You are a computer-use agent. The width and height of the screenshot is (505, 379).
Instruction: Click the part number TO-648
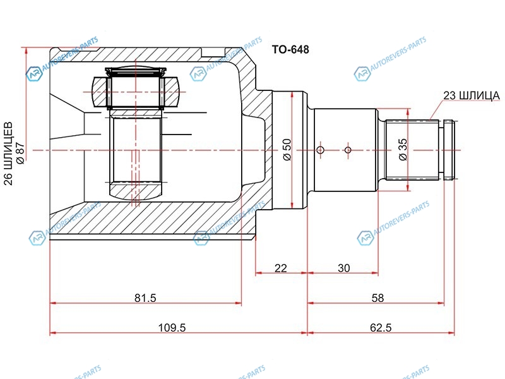290,49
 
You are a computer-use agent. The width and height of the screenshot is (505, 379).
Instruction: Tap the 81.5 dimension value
145,298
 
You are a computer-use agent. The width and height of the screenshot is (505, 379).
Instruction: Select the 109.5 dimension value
172,328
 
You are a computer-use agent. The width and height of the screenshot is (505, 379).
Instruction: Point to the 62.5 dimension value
381,328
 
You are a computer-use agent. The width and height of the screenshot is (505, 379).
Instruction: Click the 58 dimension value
377,298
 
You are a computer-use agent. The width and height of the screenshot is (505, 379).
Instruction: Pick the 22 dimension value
280,268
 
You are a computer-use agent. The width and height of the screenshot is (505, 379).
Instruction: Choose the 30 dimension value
343,268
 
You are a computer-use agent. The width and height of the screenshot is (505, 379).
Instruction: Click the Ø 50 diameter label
287,149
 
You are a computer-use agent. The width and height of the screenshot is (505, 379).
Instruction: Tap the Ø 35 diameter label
403,149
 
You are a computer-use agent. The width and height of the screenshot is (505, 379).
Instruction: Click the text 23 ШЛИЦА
472,96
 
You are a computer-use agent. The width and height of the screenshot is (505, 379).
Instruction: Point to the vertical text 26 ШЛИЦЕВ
8,153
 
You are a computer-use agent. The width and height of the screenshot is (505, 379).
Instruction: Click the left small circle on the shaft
320,150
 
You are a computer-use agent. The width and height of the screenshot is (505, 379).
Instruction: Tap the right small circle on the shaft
348,150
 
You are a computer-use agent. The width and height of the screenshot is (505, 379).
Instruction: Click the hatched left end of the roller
99,92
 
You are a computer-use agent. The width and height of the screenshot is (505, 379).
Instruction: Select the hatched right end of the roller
171,92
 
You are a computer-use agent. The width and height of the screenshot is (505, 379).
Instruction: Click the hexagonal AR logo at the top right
362,74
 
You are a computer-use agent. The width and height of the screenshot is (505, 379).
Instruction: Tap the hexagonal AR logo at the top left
34,74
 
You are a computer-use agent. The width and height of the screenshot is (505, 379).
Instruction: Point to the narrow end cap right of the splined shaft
449,150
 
